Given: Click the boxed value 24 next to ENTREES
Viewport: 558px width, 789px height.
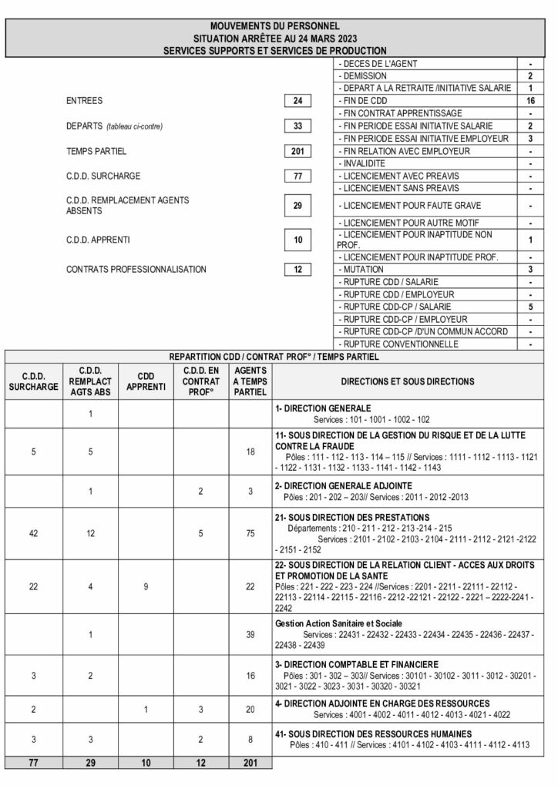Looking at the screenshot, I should click(297, 101).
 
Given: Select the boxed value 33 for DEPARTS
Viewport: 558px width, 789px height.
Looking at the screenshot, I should click(297, 126).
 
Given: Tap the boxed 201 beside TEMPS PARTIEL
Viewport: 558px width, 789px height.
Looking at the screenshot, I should click(297, 151).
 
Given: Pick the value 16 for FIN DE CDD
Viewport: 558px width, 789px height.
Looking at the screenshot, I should click(530, 101).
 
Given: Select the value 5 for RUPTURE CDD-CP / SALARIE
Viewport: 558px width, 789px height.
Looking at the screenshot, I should click(530, 307).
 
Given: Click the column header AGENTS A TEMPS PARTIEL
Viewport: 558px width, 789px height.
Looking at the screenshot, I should click(250, 381).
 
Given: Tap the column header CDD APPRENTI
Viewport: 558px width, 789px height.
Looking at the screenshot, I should click(146, 381).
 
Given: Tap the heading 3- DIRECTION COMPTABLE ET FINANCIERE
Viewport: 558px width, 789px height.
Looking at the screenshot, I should click(356, 664).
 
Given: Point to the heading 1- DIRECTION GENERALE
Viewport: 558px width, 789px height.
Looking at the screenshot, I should click(323, 408).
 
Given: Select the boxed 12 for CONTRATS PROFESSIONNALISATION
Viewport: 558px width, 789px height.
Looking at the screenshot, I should click(297, 269).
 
